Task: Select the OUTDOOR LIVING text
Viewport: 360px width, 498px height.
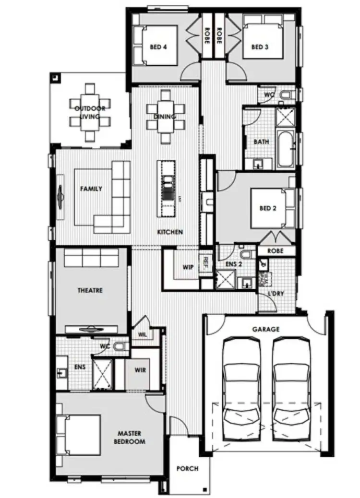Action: pos(90,112)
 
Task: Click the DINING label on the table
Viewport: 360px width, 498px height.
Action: pos(165,117)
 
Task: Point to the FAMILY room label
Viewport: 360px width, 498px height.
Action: pos(91,189)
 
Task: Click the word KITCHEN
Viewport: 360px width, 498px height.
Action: pos(170,232)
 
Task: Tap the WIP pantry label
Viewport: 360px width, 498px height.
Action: pos(188,267)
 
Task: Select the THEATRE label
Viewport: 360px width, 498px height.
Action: pos(90,290)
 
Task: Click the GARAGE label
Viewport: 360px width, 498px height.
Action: pos(265,329)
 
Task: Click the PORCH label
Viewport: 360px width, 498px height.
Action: pos(187,469)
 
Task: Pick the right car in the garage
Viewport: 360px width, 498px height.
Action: pos(291,381)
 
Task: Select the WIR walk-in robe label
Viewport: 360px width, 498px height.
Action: pos(141,370)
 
